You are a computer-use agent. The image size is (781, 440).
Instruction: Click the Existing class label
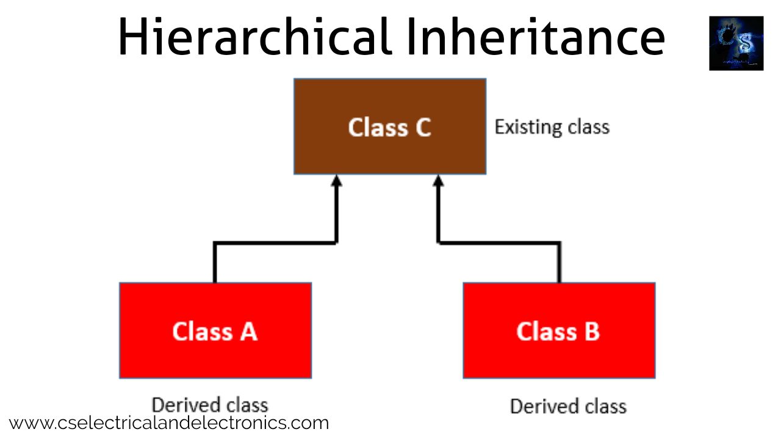coord(552,127)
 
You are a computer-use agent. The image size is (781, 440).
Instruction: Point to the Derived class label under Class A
coord(210,405)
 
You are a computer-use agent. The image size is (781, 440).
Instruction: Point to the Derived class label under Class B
coord(568,406)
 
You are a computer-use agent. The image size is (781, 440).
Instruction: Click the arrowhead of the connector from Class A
coord(336,180)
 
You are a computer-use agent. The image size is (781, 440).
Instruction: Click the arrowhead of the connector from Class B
coord(437,180)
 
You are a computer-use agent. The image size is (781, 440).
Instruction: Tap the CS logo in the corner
coord(736,43)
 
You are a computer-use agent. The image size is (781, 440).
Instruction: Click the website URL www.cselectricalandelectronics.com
coord(169,422)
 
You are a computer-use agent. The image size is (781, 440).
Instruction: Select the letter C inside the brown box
coord(422,127)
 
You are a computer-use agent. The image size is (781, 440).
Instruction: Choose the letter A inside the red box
coord(248,331)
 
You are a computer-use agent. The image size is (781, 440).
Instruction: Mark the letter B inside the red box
coord(592,331)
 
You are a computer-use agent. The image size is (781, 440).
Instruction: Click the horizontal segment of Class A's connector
coord(275,243)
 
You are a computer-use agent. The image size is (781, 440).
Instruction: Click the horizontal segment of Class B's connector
coord(499,243)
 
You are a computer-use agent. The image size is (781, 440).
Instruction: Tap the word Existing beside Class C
coord(528,127)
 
